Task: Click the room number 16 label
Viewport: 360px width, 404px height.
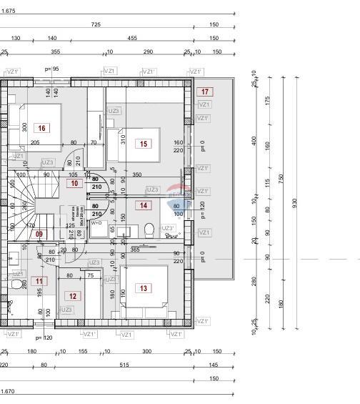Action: pyautogui.click(x=42, y=129)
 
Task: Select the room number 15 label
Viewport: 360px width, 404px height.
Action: pyautogui.click(x=144, y=144)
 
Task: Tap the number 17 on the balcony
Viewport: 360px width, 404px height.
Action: pyautogui.click(x=205, y=92)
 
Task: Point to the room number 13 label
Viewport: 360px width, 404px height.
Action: pyautogui.click(x=144, y=288)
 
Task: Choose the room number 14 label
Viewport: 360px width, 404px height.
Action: pyautogui.click(x=144, y=206)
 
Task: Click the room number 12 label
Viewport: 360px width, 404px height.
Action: pyautogui.click(x=72, y=295)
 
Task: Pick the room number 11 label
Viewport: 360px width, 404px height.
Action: pyautogui.click(x=40, y=281)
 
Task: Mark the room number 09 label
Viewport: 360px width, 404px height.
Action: pyautogui.click(x=39, y=234)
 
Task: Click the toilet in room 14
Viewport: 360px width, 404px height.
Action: pyautogui.click(x=149, y=230)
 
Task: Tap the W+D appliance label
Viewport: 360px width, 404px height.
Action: pyautogui.click(x=96, y=223)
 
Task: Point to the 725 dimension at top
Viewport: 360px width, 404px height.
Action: pyautogui.click(x=96, y=24)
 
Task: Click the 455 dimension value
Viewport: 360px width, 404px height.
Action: pyautogui.click(x=132, y=39)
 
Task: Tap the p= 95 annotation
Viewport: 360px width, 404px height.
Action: pyautogui.click(x=51, y=69)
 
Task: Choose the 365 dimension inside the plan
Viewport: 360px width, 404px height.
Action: pyautogui.click(x=134, y=250)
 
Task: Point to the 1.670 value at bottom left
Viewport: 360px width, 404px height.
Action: pyautogui.click(x=8, y=392)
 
